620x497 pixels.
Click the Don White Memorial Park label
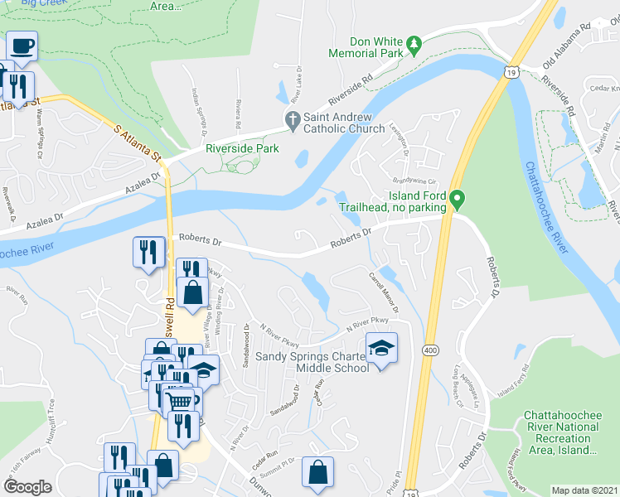click(365, 47)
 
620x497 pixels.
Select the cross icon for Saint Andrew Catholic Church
click(292, 121)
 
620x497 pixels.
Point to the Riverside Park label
click(242, 149)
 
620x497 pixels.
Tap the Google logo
click(28, 487)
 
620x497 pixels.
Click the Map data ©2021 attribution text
click(584, 490)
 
